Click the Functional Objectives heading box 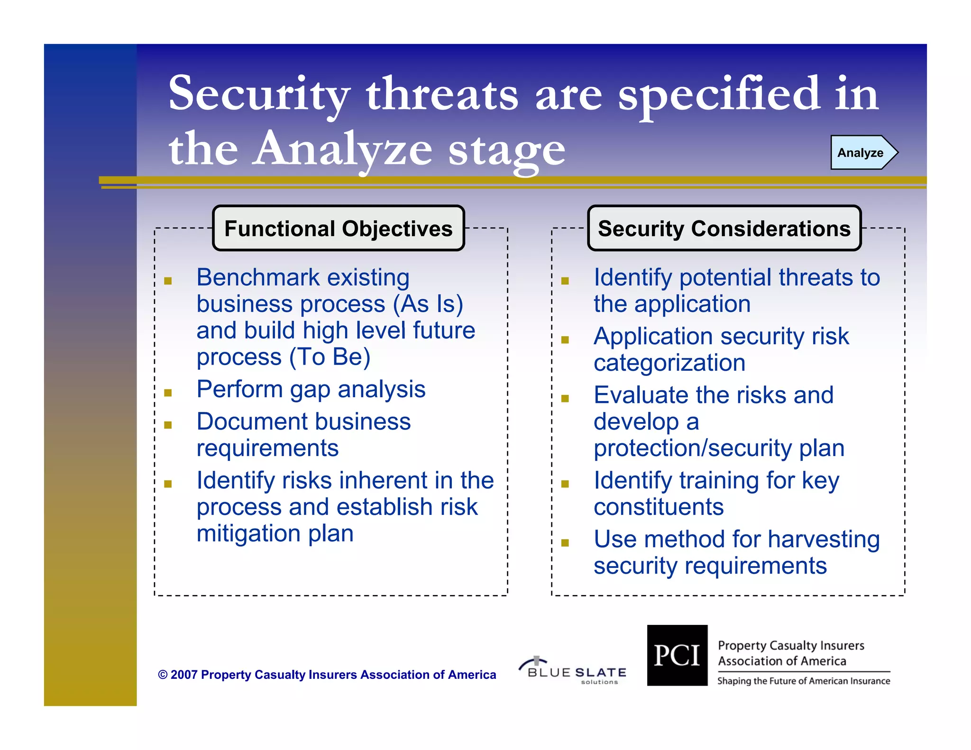click(x=339, y=229)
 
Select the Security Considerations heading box click(x=724, y=229)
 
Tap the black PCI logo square click(x=677, y=655)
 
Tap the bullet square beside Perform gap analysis click(x=168, y=393)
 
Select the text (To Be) click(x=330, y=357)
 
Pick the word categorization click(x=669, y=363)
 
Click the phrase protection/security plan click(x=718, y=448)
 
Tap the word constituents click(x=659, y=507)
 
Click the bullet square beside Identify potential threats click(x=565, y=281)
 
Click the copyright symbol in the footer click(x=163, y=675)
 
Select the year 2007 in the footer click(x=184, y=675)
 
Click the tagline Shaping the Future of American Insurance click(x=803, y=681)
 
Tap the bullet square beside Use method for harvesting click(x=565, y=543)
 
